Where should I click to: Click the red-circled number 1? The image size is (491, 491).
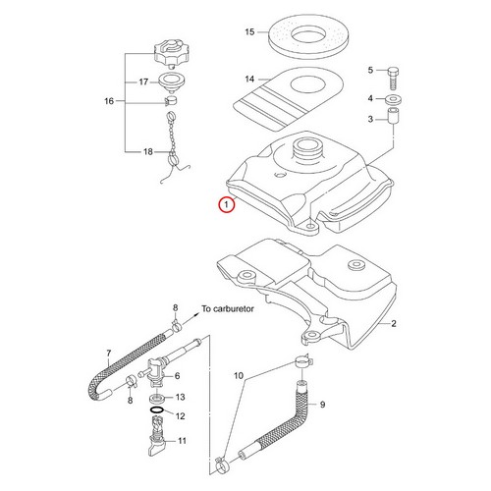227,205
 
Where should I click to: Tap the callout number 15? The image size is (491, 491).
249,32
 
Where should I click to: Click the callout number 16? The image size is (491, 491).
108,101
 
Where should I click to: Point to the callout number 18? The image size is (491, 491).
148,152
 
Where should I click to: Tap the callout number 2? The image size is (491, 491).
393,323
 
